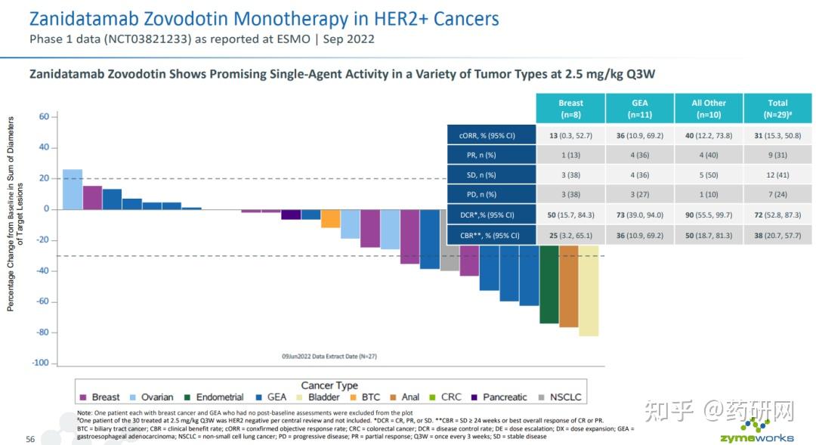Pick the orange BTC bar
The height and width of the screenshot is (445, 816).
pos(330,218)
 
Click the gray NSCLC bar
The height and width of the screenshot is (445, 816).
pos(450,259)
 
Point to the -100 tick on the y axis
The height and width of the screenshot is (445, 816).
pos(39,363)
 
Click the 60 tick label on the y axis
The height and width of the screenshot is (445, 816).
pos(43,116)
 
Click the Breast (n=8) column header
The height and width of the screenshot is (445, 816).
pos(570,108)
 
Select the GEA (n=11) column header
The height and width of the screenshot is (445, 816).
pos(639,108)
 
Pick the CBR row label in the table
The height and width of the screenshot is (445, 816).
pos(489,235)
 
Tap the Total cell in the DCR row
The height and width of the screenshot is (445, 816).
pos(777,215)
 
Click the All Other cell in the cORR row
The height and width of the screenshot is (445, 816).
pos(708,136)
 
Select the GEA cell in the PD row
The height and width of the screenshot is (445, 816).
pos(639,195)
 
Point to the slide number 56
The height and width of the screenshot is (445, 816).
pos(30,439)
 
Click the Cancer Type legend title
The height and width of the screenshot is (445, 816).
pos(329,385)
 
